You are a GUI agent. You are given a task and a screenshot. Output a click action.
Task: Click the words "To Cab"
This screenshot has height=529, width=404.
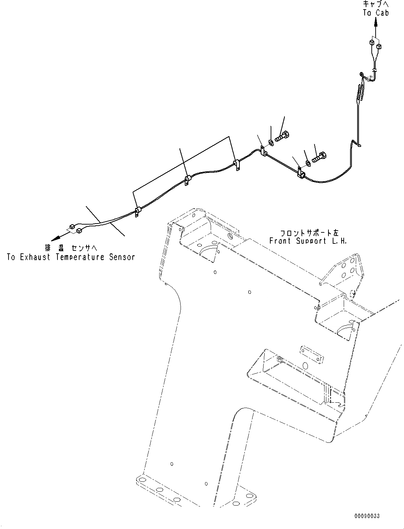coord(376,13)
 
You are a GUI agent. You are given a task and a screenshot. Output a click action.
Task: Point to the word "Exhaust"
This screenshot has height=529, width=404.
coord(35,257)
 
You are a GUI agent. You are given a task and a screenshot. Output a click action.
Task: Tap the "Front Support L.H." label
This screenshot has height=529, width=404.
coord(308,241)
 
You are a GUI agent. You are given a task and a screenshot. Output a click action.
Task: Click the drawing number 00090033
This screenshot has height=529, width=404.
coord(366,516)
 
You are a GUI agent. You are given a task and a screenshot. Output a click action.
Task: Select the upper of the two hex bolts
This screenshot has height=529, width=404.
coord(282,136)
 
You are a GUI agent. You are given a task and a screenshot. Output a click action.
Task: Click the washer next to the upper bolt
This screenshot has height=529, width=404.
coord(271,143)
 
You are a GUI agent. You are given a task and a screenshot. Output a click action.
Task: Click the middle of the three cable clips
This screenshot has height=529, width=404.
coord(187,180)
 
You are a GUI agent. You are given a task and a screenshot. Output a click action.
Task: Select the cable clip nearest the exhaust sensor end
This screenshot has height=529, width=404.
coord(137,212)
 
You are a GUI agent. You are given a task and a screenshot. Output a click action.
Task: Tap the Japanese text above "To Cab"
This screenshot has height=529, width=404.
coord(376,4)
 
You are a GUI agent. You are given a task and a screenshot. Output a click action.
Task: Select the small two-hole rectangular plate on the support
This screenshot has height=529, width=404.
coord(312,355)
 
